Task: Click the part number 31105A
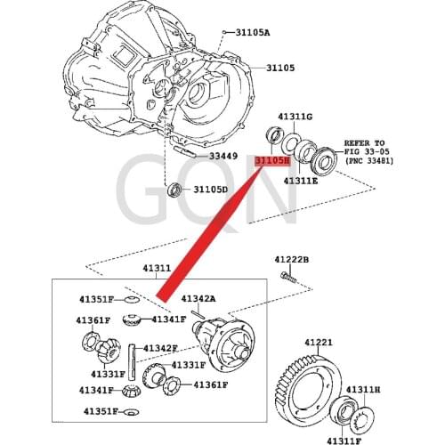(252, 33)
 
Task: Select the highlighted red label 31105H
(273, 162)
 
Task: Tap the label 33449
(223, 157)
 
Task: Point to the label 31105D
(211, 190)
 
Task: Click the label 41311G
(295, 117)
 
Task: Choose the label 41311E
(301, 180)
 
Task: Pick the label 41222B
(292, 259)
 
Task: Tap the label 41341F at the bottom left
(95, 390)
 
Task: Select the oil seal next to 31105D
(175, 189)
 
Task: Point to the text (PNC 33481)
(369, 162)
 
